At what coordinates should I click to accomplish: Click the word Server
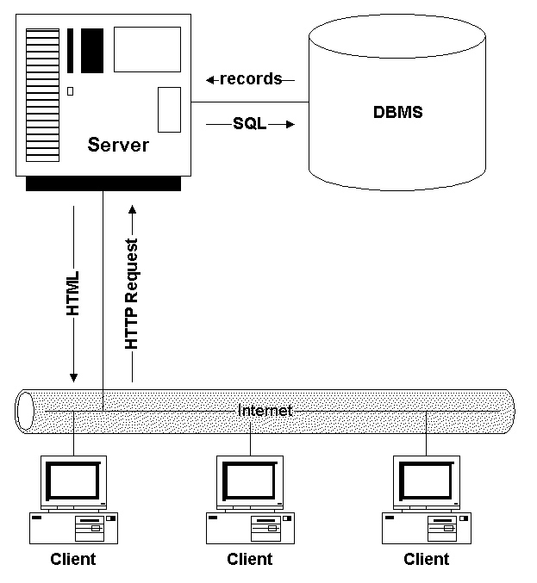click(118, 145)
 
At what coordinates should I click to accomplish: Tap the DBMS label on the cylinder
click(397, 113)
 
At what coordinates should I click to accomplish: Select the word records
click(251, 79)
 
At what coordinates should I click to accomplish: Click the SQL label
click(250, 124)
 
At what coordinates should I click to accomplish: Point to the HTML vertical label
click(74, 293)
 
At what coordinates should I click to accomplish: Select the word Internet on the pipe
click(265, 411)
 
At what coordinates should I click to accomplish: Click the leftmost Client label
click(73, 559)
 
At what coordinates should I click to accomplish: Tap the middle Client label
click(250, 559)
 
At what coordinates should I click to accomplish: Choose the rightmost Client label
click(427, 559)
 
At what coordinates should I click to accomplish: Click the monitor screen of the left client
click(73, 480)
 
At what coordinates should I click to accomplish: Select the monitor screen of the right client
click(427, 480)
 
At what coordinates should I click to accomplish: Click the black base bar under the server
click(103, 183)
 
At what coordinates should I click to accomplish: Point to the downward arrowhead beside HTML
click(74, 376)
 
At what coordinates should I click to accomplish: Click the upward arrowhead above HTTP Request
click(132, 208)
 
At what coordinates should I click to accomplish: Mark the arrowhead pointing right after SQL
click(290, 124)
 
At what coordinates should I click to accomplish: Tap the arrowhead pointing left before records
click(210, 80)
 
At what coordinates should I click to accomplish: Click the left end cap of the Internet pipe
click(24, 410)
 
